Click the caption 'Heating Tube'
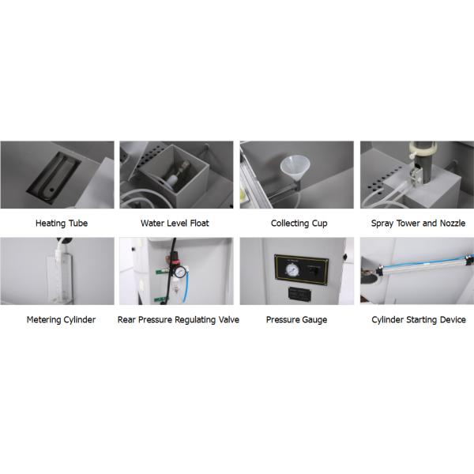point(62,224)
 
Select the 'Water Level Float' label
point(175,224)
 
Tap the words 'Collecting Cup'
point(299,224)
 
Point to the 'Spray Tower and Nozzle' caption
point(418,224)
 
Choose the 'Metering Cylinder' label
point(61,320)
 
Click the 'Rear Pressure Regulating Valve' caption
point(179,320)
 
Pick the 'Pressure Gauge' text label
point(296,320)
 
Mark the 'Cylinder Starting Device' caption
point(419,320)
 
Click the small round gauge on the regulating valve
point(180,272)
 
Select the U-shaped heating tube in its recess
point(58,177)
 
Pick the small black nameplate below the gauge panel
point(300,294)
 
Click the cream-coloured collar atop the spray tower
point(423,149)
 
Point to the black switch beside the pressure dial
point(314,269)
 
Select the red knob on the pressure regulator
point(173,261)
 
